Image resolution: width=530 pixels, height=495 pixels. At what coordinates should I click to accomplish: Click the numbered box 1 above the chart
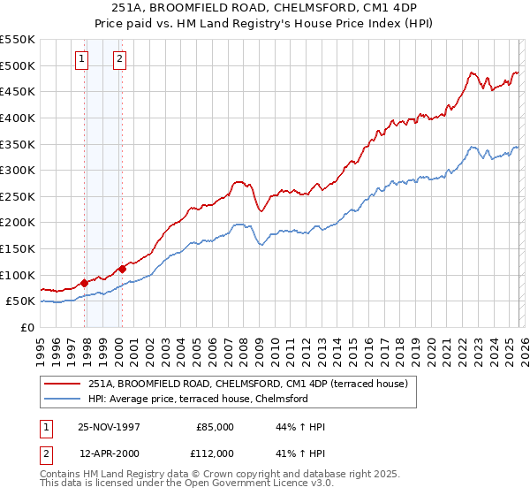tap(81, 60)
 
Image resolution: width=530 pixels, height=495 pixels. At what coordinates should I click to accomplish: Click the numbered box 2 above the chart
tap(118, 60)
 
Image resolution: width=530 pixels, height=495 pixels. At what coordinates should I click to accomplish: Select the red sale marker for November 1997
tap(85, 283)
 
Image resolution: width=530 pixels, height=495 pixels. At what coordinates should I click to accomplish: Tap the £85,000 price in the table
tap(215, 427)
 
